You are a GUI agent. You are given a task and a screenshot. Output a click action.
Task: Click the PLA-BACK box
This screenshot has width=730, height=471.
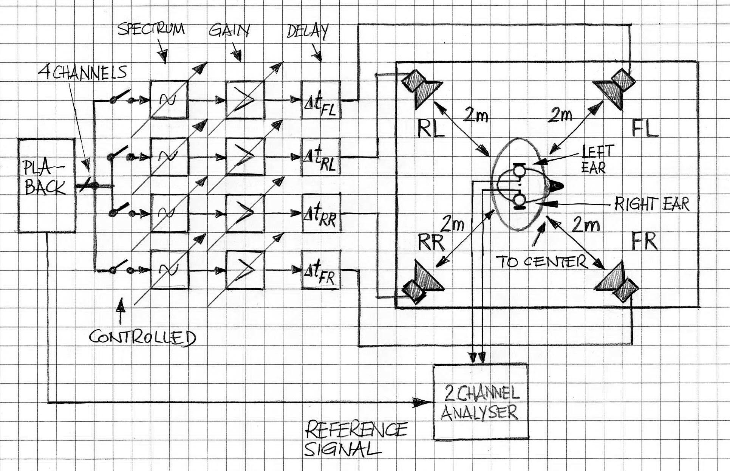[x=47, y=185]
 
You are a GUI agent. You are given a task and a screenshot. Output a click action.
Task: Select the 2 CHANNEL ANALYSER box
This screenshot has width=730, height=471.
[x=480, y=402]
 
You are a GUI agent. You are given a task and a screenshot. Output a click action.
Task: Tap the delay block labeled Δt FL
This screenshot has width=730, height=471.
[x=321, y=100]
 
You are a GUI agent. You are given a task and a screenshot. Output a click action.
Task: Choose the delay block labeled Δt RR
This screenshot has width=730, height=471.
[x=322, y=213]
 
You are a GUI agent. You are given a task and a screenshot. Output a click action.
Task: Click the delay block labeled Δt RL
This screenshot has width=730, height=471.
[x=321, y=157]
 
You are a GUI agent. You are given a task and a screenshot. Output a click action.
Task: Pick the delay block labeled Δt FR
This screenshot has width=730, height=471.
[x=321, y=270]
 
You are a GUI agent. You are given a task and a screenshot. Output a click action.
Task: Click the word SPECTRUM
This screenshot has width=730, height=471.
[x=151, y=29]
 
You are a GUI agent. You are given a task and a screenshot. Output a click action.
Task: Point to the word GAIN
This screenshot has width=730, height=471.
[x=229, y=30]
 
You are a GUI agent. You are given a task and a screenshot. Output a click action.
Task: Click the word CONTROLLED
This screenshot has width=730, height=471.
[x=142, y=337]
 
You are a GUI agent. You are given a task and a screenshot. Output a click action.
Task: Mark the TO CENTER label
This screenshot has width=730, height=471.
[x=541, y=262]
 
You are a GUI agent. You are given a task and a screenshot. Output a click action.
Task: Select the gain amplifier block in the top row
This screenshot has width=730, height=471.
[x=245, y=100]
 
